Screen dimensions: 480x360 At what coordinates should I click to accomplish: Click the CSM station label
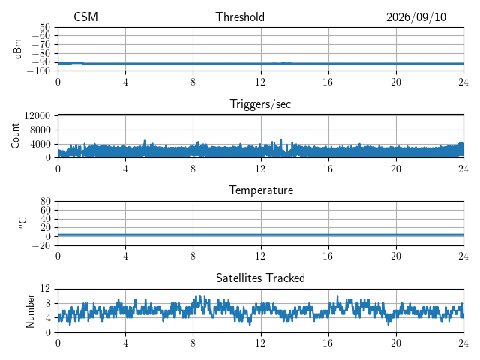[85, 16]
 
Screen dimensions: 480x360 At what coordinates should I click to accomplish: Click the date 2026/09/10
[416, 17]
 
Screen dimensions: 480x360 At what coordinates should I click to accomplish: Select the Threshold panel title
[240, 16]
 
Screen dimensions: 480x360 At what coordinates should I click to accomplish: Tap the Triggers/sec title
[260, 104]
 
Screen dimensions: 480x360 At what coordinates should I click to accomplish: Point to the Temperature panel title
[261, 190]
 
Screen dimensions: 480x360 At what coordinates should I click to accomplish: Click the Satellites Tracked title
[260, 278]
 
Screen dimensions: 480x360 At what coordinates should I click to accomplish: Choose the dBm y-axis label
[17, 49]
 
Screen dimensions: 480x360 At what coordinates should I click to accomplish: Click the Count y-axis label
[15, 136]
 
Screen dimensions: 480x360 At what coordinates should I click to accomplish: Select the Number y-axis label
[30, 311]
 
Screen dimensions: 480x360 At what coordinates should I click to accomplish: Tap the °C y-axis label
[22, 223]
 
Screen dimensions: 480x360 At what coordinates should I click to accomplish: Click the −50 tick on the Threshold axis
[41, 28]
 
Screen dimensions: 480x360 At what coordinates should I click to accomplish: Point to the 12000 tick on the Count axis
[37, 115]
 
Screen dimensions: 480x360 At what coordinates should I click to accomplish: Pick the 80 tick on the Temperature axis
[45, 201]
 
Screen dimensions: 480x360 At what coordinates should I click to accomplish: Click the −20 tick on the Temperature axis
[41, 245]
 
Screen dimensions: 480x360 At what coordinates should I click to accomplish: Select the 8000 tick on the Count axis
[40, 130]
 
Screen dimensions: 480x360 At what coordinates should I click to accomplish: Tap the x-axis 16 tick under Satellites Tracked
[328, 343]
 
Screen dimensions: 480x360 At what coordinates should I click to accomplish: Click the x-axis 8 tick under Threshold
[193, 82]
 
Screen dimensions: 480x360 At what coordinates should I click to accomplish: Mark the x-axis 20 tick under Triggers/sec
[396, 169]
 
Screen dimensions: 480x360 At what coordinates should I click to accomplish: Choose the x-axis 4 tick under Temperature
[125, 256]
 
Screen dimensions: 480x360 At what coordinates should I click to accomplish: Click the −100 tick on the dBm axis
[38, 71]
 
